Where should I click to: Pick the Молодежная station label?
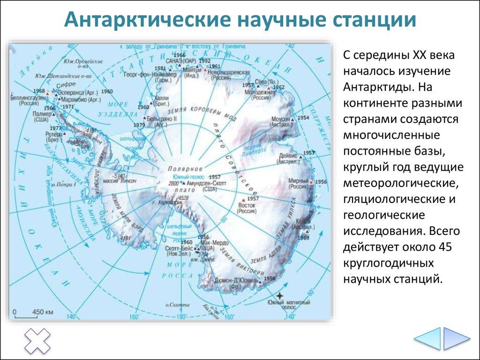[x=263, y=92]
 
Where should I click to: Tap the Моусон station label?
[x=280, y=120]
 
